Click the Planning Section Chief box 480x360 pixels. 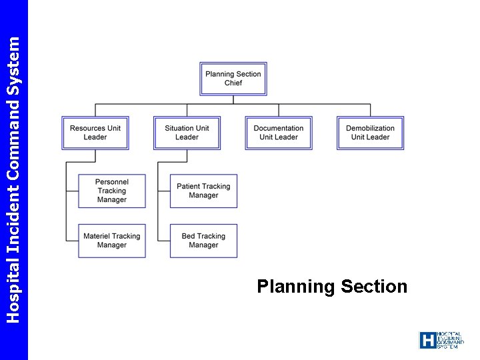pyautogui.click(x=233, y=79)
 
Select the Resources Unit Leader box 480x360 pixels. pyautogui.click(x=95, y=133)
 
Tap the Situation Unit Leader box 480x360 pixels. pyautogui.click(x=187, y=133)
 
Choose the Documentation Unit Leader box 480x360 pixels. pyautogui.click(x=279, y=133)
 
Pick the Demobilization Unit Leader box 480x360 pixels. pyautogui.click(x=370, y=133)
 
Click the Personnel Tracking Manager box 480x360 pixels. pyautogui.click(x=111, y=191)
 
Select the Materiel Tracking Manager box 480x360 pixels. pyautogui.click(x=111, y=241)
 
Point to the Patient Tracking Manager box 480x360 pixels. pyautogui.click(x=203, y=191)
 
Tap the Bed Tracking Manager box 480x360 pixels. pyautogui.click(x=203, y=241)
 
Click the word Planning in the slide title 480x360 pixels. pyautogui.click(x=295, y=287)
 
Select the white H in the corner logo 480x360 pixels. pyautogui.click(x=427, y=340)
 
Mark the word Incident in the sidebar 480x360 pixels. pyautogui.click(x=13, y=218)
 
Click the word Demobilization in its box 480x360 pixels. pyautogui.click(x=370, y=128)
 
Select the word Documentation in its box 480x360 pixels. pyautogui.click(x=279, y=128)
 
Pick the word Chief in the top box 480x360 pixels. pyautogui.click(x=233, y=83)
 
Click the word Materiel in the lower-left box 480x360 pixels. pyautogui.click(x=97, y=236)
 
